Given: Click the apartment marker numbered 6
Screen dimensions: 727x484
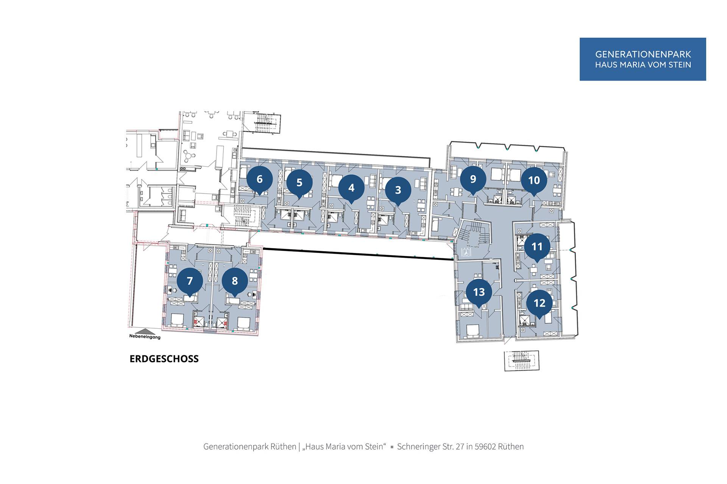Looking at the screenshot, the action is point(259,179).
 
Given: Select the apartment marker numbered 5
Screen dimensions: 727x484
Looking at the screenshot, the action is point(299,183).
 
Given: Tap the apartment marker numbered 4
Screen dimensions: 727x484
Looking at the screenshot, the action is point(351,188).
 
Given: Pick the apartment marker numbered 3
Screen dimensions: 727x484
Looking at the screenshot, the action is point(398,190).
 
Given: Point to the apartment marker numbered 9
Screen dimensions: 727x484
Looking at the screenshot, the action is point(473,179).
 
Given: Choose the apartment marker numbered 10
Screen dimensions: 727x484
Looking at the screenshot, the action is point(534,180).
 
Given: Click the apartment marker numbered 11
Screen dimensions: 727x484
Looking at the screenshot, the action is point(537,247).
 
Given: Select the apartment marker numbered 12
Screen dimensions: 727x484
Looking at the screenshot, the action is point(539,303).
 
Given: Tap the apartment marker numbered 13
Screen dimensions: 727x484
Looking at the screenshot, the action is point(479,292).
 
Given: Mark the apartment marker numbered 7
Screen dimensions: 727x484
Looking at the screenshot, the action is point(190,281).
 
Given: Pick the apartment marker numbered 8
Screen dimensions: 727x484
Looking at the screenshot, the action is point(235,281).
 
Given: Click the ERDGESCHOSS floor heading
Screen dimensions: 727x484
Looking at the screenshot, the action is point(164,359).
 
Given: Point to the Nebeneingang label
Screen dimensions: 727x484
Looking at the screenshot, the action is point(145,337).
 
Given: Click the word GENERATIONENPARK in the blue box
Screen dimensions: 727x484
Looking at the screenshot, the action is point(643,54).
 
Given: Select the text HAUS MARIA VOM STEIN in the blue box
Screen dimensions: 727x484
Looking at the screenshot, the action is point(643,65).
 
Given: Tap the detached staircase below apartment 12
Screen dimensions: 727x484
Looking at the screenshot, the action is point(521,360).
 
